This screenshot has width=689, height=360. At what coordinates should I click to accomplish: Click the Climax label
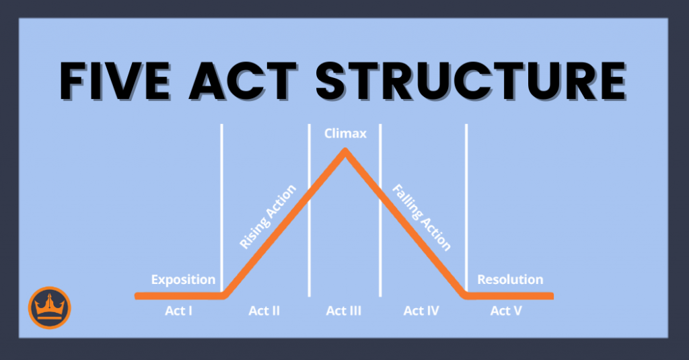[344, 133]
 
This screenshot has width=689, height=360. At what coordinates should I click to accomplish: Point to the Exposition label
[183, 279]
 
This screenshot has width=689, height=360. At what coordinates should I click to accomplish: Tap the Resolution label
[509, 279]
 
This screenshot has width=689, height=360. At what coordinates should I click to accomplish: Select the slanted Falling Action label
[421, 217]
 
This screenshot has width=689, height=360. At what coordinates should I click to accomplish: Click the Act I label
[179, 311]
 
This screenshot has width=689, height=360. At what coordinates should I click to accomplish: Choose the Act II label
[264, 311]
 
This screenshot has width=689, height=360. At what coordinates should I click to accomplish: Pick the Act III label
[344, 311]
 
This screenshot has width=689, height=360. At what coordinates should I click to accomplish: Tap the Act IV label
[422, 311]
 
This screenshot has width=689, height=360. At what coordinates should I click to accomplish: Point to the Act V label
[505, 311]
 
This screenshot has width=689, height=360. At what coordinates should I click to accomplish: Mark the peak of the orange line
[344, 151]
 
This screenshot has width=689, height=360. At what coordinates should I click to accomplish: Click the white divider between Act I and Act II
[221, 202]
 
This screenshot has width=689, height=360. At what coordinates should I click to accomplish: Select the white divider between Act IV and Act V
[466, 202]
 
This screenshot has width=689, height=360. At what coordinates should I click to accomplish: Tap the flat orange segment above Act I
[179, 295]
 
